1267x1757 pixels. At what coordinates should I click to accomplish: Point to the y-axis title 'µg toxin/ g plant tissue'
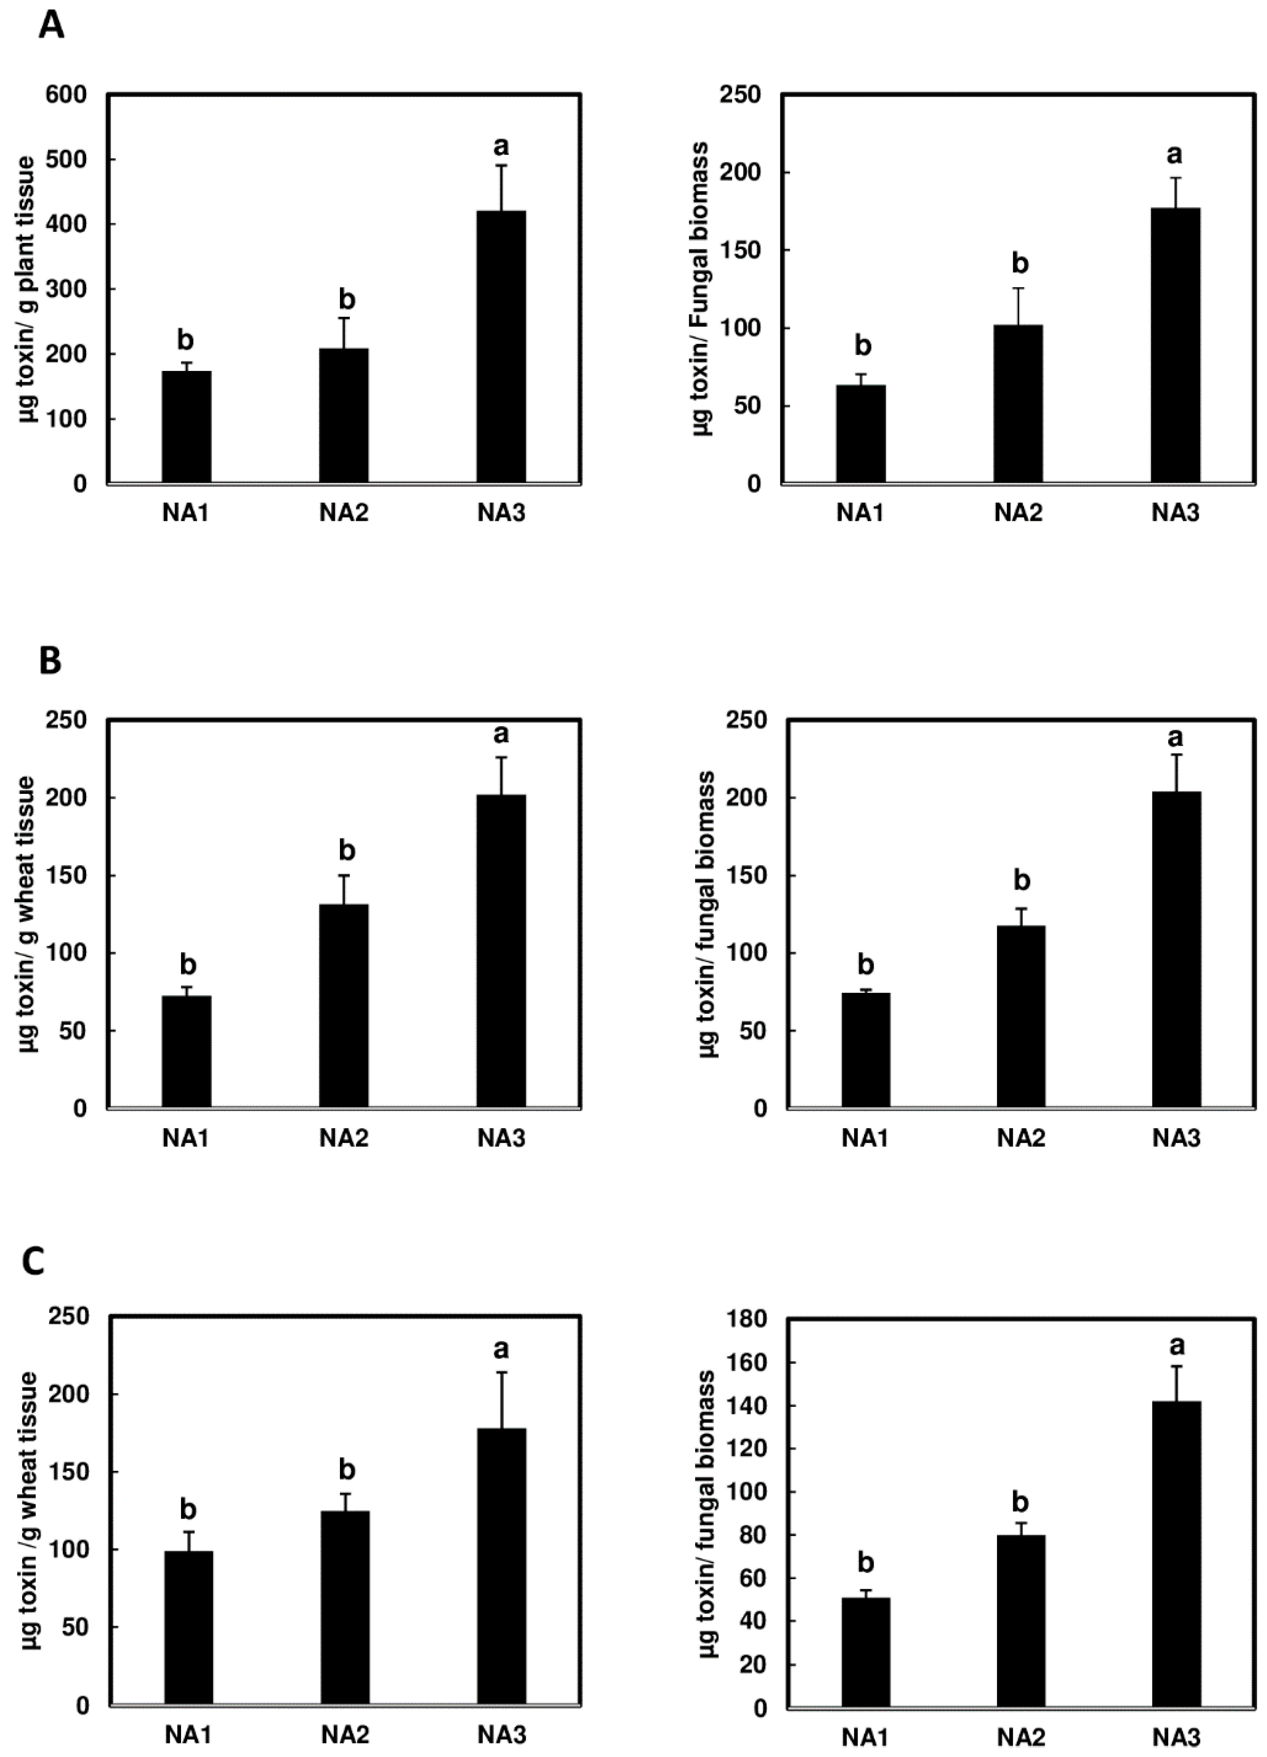(28, 289)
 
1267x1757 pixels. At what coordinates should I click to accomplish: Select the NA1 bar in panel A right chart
(860, 434)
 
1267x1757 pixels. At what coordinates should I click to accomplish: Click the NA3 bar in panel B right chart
(1176, 949)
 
